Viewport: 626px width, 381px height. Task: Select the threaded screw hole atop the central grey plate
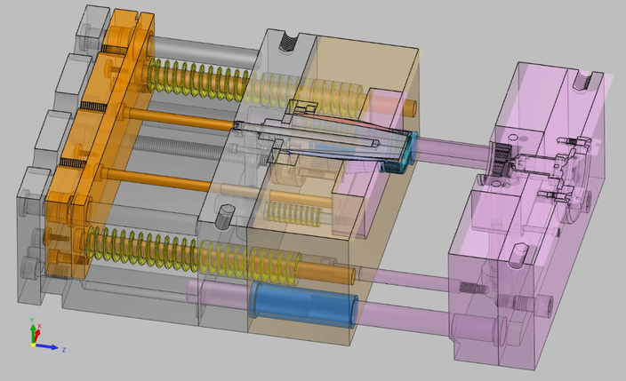[287, 40]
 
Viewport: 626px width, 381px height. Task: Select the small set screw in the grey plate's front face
[225, 213]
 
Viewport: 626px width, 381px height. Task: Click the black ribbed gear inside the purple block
[501, 161]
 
